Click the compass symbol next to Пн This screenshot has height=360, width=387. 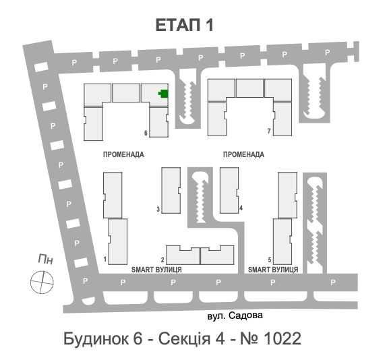pyautogui.click(x=42, y=280)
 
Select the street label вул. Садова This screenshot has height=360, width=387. pyautogui.click(x=235, y=314)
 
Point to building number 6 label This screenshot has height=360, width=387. pyautogui.click(x=146, y=133)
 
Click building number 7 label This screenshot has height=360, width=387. pyautogui.click(x=268, y=131)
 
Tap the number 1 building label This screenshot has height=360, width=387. pyautogui.click(x=105, y=259)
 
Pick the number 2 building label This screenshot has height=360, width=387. pyautogui.click(x=162, y=260)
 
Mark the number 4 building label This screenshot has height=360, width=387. pyautogui.click(x=241, y=208)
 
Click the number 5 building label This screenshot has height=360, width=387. pyautogui.click(x=269, y=260)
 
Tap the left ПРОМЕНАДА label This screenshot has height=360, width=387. pyautogui.click(x=123, y=154)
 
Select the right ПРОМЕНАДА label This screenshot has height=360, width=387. pyautogui.click(x=243, y=154)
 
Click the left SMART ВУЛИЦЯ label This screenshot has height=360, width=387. pyautogui.click(x=156, y=270)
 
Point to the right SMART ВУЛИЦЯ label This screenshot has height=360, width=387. pyautogui.click(x=273, y=270)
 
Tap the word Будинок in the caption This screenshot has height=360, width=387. pyautogui.click(x=93, y=337)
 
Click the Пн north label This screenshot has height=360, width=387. pyautogui.click(x=45, y=259)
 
